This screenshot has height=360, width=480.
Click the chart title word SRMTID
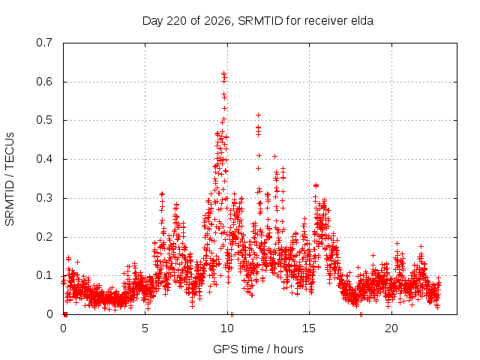[x=260, y=21]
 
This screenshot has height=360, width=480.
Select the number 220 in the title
[x=176, y=21]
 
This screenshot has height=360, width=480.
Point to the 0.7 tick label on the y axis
[x=44, y=43]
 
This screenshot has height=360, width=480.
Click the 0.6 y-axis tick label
[x=44, y=82]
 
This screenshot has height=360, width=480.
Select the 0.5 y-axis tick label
[x=44, y=120]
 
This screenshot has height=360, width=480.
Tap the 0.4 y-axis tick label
[x=44, y=159]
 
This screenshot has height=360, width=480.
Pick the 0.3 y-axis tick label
[x=44, y=198]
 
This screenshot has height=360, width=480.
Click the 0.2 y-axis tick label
[x=44, y=237]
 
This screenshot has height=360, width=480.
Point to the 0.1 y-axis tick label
[x=44, y=275]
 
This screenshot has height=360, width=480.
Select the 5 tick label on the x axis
[x=145, y=328]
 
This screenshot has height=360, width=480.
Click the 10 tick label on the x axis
[x=227, y=328]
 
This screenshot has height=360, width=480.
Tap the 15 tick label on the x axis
[x=309, y=328]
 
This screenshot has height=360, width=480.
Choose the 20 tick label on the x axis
[x=391, y=328]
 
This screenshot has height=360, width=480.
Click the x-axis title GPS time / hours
[x=258, y=349]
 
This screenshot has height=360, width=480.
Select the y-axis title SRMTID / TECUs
[x=10, y=179]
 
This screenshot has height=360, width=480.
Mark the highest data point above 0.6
[x=224, y=73]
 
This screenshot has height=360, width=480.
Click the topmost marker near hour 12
[x=258, y=115]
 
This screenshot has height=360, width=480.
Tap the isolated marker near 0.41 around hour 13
[x=275, y=157]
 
